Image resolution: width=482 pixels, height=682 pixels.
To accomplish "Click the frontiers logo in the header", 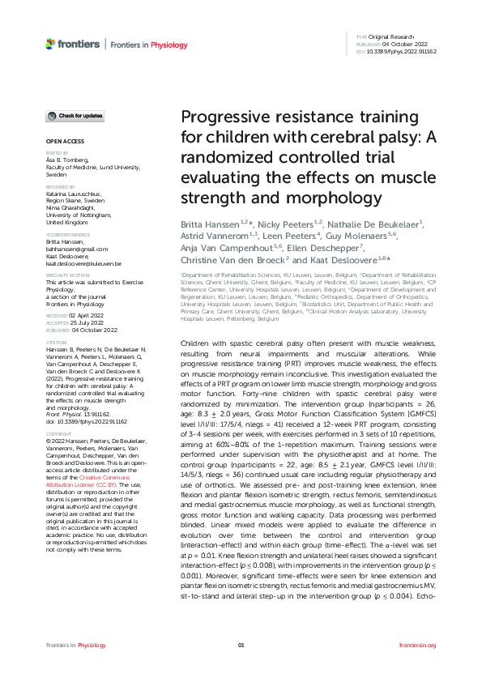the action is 71,42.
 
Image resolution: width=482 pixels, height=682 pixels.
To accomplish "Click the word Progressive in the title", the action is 220,117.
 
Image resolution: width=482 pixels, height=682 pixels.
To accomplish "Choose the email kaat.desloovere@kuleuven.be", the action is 83,264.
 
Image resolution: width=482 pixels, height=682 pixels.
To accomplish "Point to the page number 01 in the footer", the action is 241,646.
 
